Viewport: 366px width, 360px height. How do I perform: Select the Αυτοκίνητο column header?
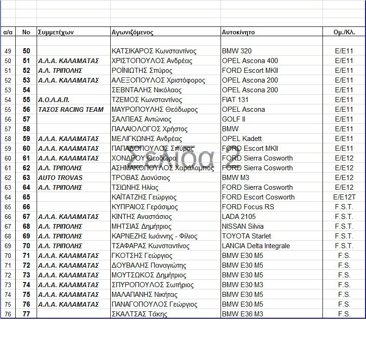[238, 32]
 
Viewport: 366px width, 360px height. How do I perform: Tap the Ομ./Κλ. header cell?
[344, 32]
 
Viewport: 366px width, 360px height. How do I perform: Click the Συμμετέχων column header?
[57, 32]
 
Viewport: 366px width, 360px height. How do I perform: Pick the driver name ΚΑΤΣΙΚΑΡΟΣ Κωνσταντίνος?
[154, 51]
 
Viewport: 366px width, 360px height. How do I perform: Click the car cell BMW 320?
[237, 51]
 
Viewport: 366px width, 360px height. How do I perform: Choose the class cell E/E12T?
[344, 197]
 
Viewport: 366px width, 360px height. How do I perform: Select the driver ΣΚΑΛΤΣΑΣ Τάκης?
[139, 314]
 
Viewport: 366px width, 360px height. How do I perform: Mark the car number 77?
[26, 314]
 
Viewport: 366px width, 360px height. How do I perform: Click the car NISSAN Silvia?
[244, 226]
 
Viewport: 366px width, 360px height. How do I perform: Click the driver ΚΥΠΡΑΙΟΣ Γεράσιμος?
[145, 207]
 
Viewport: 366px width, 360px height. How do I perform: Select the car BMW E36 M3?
[243, 314]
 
